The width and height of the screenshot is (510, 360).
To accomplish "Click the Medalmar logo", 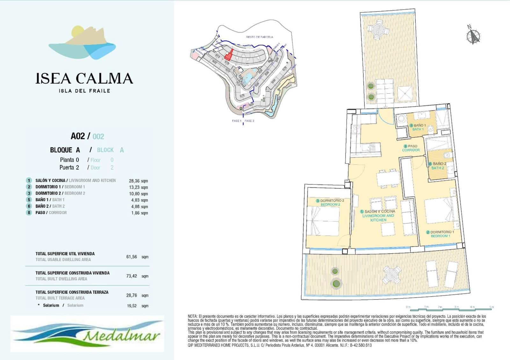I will coord(87,334).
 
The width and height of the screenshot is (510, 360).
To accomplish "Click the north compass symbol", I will coord(473,36).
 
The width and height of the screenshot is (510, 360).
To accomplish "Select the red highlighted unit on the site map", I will coord(229,55).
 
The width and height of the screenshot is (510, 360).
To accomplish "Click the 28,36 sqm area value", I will coord(138,181).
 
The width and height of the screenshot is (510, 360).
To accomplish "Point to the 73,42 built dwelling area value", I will coord(132,276).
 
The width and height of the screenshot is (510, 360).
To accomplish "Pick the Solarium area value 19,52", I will coord(132,306).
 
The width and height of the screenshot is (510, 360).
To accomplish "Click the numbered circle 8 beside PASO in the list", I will coord(29,212).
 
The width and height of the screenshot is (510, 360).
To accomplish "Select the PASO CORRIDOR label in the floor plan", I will coord(411,148).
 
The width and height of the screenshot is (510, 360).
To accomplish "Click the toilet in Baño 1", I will coord(430,128).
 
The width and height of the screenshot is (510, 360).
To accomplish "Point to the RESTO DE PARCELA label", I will coord(259,37).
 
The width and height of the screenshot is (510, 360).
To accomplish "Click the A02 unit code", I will coord(77,136).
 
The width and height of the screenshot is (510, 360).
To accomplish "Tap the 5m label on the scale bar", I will coord(492,307).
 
